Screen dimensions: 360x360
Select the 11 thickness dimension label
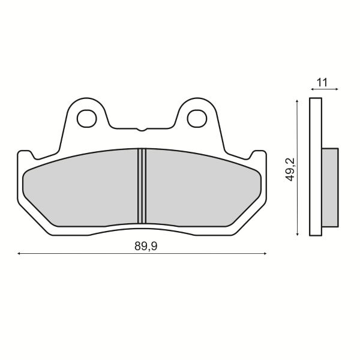tap(322, 83)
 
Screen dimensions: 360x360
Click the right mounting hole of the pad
tap(196, 118)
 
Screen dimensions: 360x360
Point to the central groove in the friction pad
tap(142, 185)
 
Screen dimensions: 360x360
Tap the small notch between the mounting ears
tap(141, 129)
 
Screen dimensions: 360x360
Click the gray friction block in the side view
tap(331, 186)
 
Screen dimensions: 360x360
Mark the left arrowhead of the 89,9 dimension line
tap(20, 255)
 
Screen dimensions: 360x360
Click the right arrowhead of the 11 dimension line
tap(337, 89)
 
